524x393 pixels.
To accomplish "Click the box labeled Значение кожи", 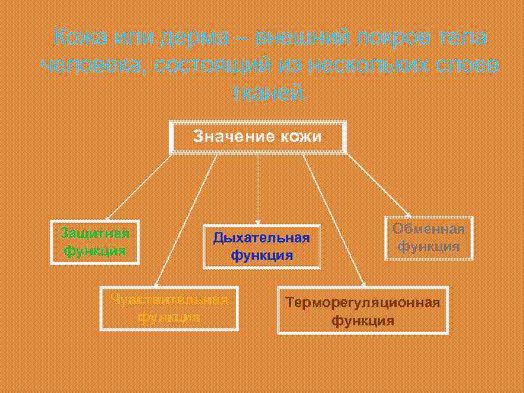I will coord(257,137).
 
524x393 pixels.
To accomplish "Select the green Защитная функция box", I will coord(95,242).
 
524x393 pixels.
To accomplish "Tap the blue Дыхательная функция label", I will coord(261,246).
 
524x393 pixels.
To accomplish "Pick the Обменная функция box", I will coord(429,238).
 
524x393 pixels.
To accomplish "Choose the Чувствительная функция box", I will coord(170,309).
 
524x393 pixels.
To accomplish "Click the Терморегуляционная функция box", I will coord(362,311).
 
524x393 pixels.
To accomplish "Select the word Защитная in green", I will coord(95,233).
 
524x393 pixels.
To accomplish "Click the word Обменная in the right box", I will coord(429,229).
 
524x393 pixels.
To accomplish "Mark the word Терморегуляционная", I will coord(362,303).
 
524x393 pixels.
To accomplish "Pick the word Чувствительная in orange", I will coord(170,300).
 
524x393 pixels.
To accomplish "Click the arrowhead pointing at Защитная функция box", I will coord(107,217).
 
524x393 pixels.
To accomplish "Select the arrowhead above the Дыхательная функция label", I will coord(257,221).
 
